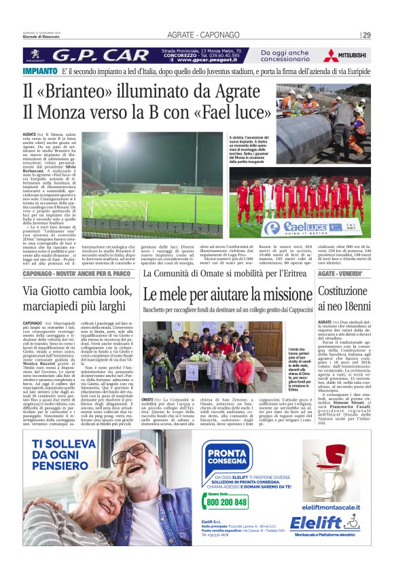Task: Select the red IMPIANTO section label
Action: [x=39, y=71]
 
